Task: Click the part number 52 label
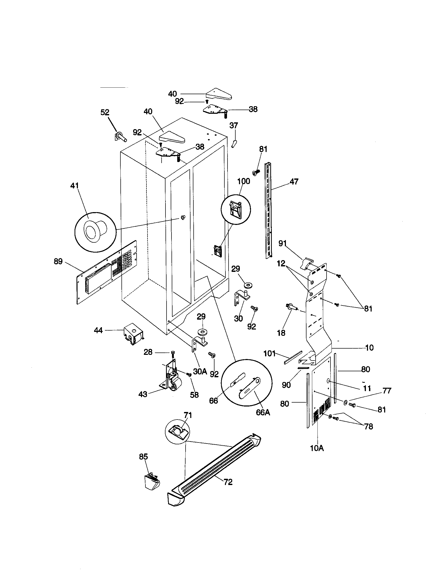click(105, 112)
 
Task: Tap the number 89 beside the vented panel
click(58, 261)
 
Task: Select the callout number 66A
click(263, 412)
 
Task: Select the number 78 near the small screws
click(369, 426)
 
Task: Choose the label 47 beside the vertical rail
click(294, 181)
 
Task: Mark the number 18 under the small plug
click(281, 333)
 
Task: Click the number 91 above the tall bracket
click(283, 244)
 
